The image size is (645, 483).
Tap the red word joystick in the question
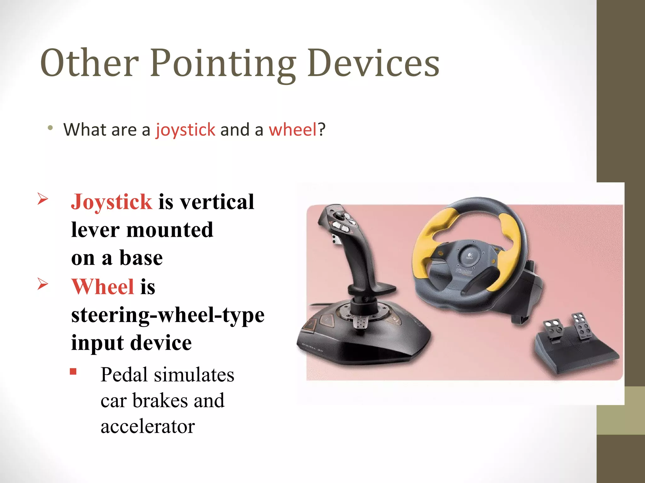pos(186,130)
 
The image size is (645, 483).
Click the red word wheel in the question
pos(293,130)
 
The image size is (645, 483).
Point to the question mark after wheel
pos(322,130)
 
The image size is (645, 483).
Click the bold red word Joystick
pos(111,202)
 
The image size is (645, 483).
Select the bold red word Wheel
pos(103,286)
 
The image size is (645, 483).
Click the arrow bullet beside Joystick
pos(43,199)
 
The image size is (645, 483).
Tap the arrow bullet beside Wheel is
pos(43,284)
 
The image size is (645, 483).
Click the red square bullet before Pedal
pos(73,372)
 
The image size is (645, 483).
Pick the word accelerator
pos(148,427)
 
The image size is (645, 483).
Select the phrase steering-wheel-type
pos(168,315)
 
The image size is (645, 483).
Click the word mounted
pos(170,230)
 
